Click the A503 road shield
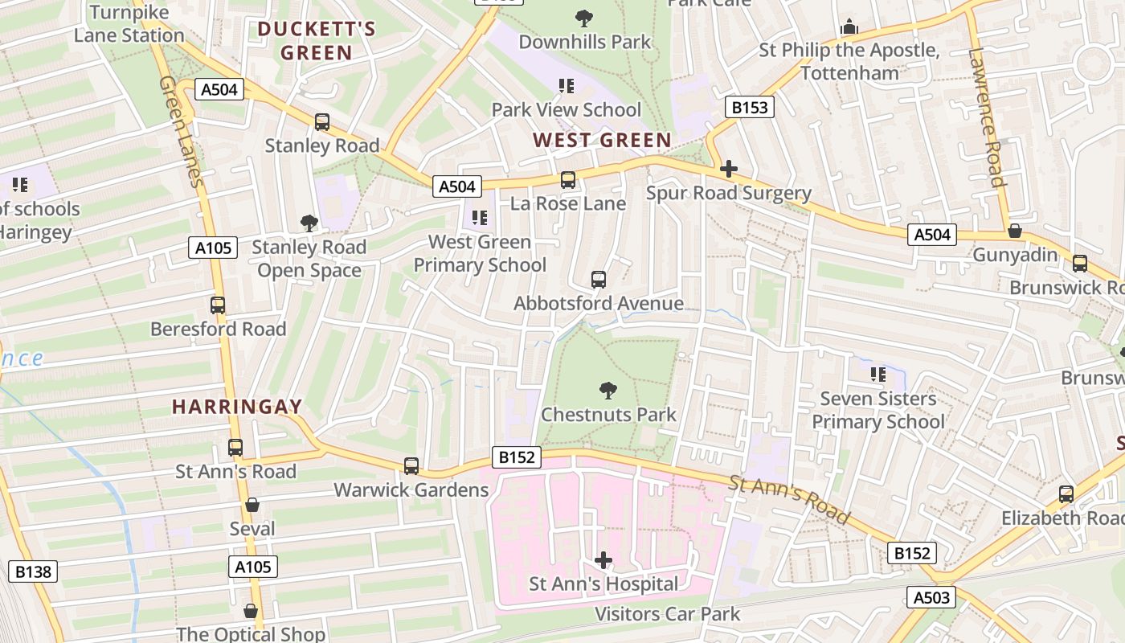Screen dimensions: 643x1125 (932, 597)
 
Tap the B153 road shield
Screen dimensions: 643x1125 (750, 107)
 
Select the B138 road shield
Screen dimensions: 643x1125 (33, 572)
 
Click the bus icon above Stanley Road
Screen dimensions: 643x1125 (322, 122)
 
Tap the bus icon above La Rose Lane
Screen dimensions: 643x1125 (568, 180)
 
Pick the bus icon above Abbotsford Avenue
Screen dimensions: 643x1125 (599, 280)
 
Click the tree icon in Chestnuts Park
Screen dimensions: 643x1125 (608, 391)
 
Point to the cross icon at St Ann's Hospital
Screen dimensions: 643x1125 (603, 560)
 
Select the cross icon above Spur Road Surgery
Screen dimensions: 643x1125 (729, 169)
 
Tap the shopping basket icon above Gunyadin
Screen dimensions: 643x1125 (1015, 231)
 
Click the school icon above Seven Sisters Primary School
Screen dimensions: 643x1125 (878, 375)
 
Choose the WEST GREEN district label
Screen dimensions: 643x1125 (602, 141)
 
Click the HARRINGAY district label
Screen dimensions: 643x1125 (237, 407)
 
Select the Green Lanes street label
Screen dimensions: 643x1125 (181, 133)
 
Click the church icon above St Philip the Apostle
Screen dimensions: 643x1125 (849, 27)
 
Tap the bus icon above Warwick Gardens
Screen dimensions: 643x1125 (411, 466)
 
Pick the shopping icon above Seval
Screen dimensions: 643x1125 (252, 505)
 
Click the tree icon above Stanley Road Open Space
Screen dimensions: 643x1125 (309, 223)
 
